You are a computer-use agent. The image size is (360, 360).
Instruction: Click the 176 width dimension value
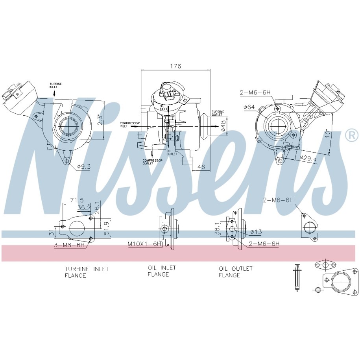tap(175, 66)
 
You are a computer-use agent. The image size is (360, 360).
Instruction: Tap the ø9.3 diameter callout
tap(84, 166)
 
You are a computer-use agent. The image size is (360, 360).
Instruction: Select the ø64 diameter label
tap(249, 107)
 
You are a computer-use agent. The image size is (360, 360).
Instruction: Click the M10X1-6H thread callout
tap(144, 244)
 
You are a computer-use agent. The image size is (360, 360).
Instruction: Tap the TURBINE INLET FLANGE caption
tap(87, 272)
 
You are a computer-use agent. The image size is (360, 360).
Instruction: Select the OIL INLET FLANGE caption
tap(162, 271)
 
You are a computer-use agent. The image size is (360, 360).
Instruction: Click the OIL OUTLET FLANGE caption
tap(236, 272)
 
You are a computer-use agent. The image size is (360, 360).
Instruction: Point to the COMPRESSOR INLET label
tap(129, 125)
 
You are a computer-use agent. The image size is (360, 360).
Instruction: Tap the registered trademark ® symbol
tap(351, 135)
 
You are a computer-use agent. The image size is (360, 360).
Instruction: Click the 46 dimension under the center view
tap(201, 167)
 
